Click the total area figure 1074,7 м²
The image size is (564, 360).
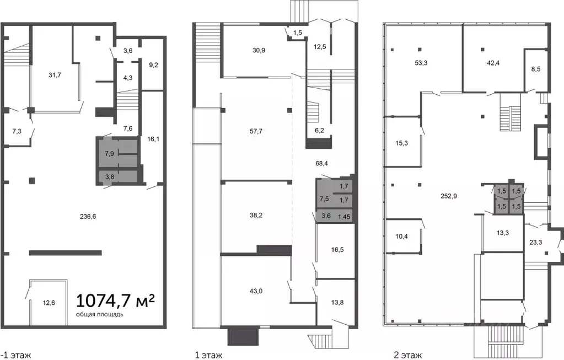115,300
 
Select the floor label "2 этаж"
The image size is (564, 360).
407,356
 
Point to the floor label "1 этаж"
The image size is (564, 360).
208,356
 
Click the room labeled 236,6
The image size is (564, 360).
88,217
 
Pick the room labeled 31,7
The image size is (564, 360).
55,75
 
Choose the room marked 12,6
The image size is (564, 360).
49,303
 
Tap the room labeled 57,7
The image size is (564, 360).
256,131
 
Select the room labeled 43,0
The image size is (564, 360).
256,291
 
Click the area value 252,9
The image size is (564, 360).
449,196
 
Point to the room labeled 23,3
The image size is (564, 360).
535,243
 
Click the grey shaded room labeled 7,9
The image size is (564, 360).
109,154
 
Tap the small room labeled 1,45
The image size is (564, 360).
344,217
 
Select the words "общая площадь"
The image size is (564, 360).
100,315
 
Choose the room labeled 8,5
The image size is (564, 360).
535,69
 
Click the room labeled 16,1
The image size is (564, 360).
153,139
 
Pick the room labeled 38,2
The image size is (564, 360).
256,216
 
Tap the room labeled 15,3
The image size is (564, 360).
401,143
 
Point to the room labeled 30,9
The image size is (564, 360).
259,50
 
